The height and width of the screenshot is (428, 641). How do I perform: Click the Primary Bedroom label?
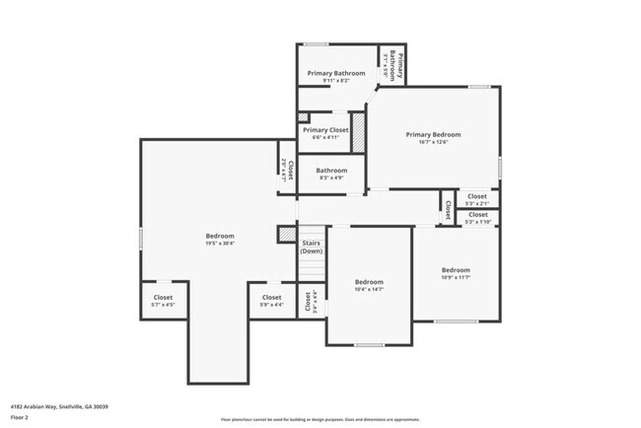click(x=433, y=134)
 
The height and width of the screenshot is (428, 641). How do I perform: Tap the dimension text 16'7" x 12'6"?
click(x=433, y=142)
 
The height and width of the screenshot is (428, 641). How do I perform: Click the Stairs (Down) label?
click(x=312, y=247)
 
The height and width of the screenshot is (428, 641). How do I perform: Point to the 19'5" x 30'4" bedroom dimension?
click(x=220, y=244)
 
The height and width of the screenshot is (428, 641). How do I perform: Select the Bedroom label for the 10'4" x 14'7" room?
click(x=369, y=282)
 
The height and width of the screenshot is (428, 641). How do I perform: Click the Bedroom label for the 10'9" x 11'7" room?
click(x=456, y=270)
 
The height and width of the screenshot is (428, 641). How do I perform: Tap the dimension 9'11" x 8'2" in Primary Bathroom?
click(x=335, y=81)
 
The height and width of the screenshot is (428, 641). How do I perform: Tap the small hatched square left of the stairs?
click(x=287, y=234)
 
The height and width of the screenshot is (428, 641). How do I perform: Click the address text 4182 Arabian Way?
click(x=59, y=406)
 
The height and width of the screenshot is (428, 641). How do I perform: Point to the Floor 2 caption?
click(x=20, y=416)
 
